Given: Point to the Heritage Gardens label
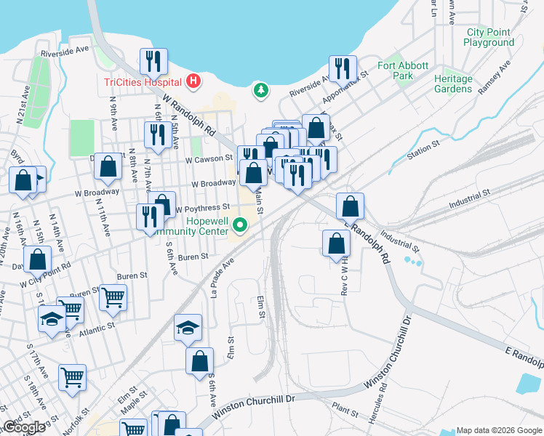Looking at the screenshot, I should [453, 84].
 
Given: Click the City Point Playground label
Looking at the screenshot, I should [489, 37].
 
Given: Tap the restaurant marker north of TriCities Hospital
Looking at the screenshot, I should [153, 61].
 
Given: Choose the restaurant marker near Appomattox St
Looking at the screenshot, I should [343, 68].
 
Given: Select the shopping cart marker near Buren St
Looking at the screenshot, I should [113, 296].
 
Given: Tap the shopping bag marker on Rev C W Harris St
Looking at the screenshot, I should [335, 243].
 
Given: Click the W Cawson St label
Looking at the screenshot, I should [209, 159].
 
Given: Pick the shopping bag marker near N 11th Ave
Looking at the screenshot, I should [108, 166].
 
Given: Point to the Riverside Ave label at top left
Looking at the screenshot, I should [65, 51].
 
